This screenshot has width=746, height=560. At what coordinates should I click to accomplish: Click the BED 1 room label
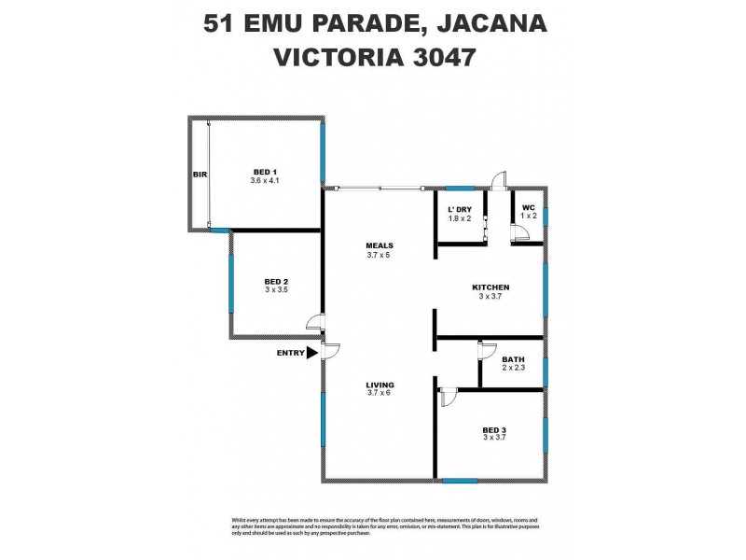click(266, 171)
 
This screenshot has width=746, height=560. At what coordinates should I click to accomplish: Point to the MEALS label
click(378, 246)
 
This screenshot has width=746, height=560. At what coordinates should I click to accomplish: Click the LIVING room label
click(380, 385)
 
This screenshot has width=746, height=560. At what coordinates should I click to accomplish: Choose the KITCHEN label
click(490, 287)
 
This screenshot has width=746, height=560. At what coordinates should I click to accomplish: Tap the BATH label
click(513, 359)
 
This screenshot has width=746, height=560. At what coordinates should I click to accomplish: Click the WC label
click(528, 207)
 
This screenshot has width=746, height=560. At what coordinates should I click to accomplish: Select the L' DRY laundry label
click(460, 208)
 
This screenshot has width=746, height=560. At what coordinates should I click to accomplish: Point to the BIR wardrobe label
click(199, 175)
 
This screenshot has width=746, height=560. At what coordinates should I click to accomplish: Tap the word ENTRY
click(290, 353)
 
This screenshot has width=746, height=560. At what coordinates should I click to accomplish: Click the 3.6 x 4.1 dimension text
click(266, 180)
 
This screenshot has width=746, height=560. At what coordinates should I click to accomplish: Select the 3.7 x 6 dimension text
click(380, 394)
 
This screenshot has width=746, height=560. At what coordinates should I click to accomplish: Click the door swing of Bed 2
click(316, 324)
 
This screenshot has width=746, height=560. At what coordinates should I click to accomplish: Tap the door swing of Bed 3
click(448, 397)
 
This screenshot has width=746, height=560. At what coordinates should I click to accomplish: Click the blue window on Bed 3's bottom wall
click(459, 481)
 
